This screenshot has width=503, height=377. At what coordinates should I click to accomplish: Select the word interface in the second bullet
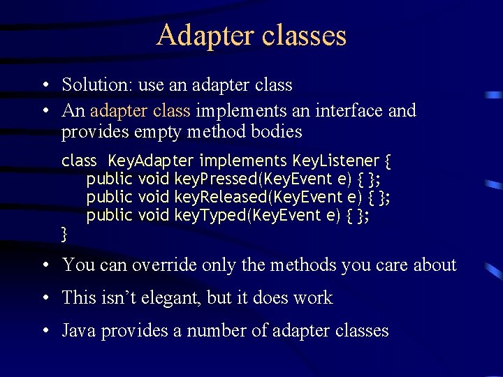point(347,110)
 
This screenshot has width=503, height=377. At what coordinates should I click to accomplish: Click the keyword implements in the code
point(244,161)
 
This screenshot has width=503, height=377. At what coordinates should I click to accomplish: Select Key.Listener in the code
point(335,161)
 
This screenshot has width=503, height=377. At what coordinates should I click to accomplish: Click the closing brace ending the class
point(64,233)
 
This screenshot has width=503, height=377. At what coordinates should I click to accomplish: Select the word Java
point(79,330)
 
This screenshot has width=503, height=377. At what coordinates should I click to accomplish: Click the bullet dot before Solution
point(45,86)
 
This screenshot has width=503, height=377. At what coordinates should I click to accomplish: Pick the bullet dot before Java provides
point(45,331)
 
